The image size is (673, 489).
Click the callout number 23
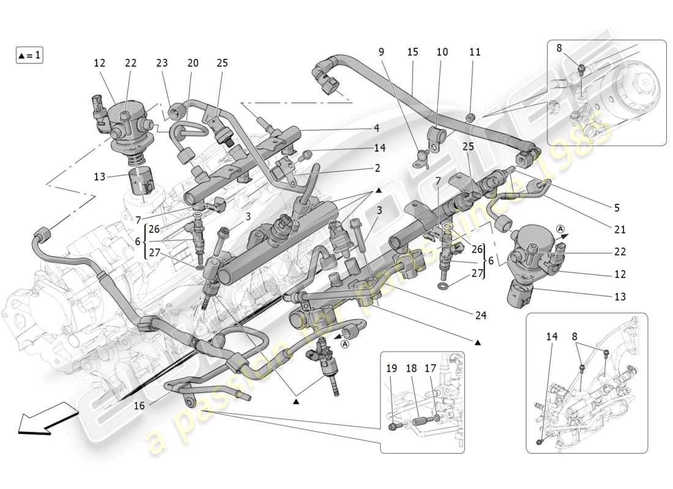[162, 63]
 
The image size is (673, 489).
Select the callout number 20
[193, 63]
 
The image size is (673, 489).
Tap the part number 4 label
[377, 128]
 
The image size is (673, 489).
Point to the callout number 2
[377, 168]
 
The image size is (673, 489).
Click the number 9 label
[381, 53]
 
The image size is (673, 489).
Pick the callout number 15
[412, 53]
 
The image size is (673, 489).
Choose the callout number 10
[442, 53]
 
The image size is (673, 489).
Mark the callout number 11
[475, 53]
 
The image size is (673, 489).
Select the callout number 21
[620, 230]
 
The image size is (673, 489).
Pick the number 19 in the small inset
[392, 369]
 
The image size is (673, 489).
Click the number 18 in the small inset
[411, 369]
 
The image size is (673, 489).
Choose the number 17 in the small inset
[430, 369]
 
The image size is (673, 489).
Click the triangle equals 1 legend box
[29, 55]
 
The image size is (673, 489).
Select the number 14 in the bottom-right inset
[552, 336]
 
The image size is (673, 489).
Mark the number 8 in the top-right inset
[559, 48]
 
